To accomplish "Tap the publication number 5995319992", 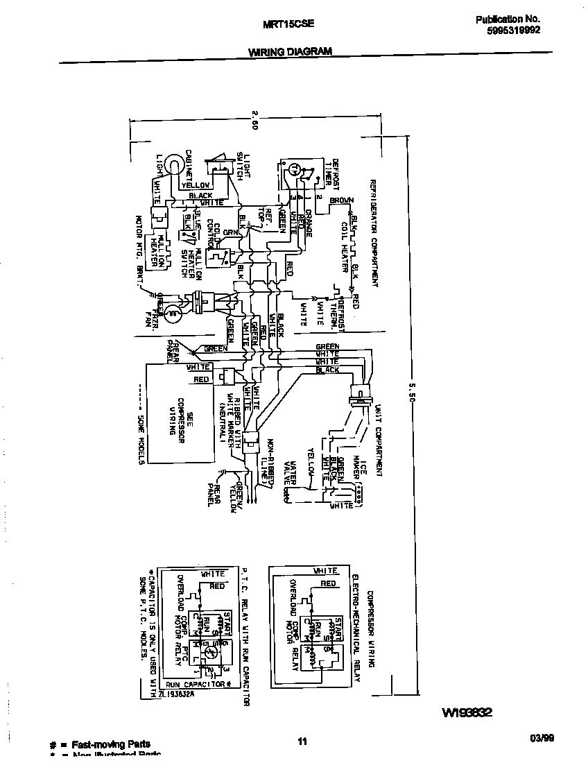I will [x=508, y=31].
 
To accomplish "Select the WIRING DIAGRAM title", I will [x=290, y=51].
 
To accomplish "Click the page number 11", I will [x=302, y=743].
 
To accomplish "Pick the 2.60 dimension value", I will [x=255, y=121].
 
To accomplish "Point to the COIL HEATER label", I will [x=344, y=248].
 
